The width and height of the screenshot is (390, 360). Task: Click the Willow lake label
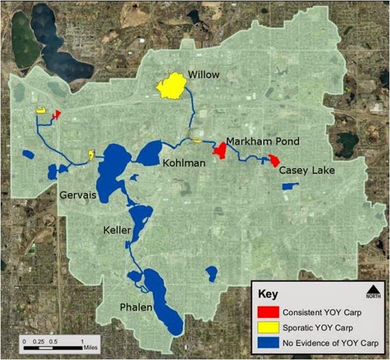point(203,75)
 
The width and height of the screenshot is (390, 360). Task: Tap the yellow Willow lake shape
point(171,87)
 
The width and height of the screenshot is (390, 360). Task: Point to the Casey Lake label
point(306,170)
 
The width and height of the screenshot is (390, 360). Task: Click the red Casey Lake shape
point(274,160)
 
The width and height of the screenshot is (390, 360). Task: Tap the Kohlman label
point(185,163)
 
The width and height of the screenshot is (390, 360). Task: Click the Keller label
point(114,230)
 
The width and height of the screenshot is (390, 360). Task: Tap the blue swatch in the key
point(268,343)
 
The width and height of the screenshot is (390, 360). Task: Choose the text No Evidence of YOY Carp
point(327,343)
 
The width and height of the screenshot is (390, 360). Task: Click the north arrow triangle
point(373,289)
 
